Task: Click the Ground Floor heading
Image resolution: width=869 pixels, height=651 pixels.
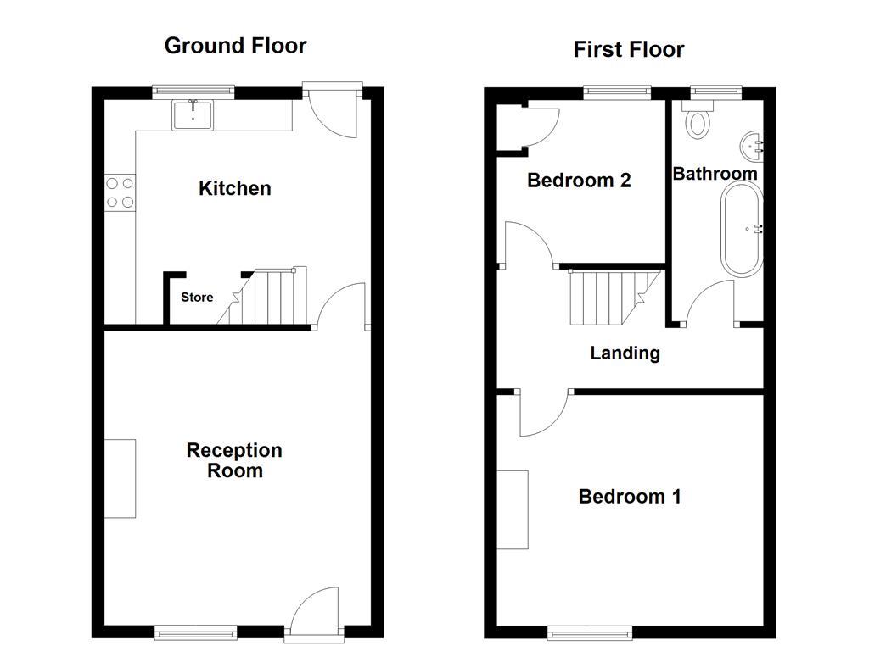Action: [x=235, y=46]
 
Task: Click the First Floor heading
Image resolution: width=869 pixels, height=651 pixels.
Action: [x=628, y=50]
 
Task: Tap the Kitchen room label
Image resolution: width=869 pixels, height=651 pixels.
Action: [x=235, y=188]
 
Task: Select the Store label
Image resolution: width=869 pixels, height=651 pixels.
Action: [x=197, y=298]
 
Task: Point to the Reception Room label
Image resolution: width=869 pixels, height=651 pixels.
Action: [x=234, y=460]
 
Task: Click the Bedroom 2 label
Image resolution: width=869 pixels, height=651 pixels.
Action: [x=579, y=181]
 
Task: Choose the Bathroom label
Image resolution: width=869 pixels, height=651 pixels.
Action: [x=715, y=174]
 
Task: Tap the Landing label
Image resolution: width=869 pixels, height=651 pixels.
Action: [x=625, y=353]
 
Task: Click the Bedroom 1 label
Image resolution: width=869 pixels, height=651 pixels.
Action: [x=629, y=497]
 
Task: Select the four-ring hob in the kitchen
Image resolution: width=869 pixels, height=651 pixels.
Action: [x=119, y=192]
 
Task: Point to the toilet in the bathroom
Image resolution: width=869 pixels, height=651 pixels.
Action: [x=699, y=121]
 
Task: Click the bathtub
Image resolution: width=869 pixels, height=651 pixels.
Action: [x=742, y=229]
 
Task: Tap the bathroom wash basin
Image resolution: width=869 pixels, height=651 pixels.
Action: [x=752, y=145]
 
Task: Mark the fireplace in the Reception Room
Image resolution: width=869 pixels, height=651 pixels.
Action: [x=120, y=478]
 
